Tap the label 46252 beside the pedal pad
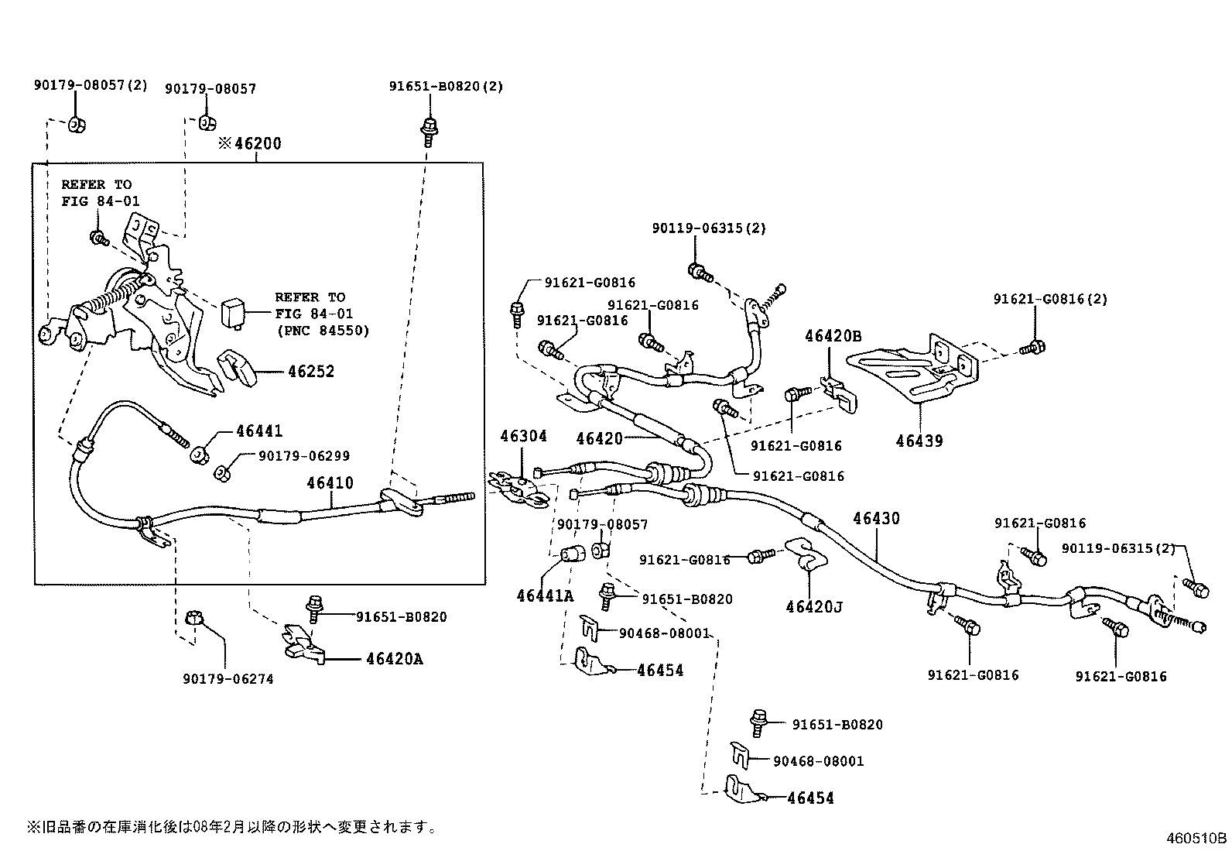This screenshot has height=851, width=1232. coord(311,372)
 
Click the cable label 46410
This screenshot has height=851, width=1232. coord(330,483)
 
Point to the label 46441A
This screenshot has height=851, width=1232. coord(545,595)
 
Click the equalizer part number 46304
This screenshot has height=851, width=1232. coord(523,436)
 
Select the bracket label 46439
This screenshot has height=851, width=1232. coord(919,441)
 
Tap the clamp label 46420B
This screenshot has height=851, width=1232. coord(833,336)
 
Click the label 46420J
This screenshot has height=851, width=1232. coord(814,606)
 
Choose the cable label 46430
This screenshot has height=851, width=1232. coord(877,519)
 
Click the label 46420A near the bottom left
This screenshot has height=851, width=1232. coord(395,660)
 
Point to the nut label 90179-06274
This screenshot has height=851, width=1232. coord(228,679)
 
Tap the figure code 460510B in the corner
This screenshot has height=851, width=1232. coord(1197,838)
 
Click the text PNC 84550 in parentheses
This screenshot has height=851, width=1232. coord(322,331)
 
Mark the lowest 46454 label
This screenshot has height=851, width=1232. coord(810,798)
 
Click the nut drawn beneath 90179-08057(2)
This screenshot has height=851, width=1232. coord(77,124)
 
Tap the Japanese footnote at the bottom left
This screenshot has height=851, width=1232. coord(232,828)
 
